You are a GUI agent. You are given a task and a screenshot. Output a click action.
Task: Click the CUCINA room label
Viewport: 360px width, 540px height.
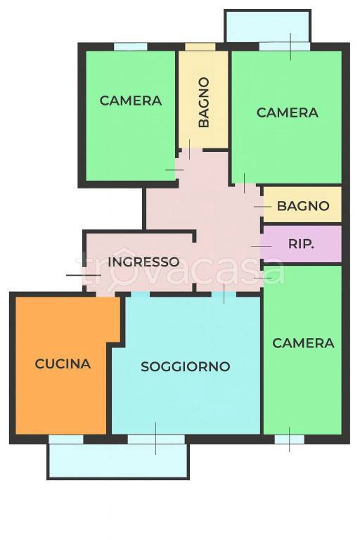click(63, 364)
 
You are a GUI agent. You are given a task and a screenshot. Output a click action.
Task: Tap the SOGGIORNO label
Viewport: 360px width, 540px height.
click(186, 366)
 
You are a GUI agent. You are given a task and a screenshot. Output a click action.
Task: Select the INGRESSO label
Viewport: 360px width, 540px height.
click(143, 262)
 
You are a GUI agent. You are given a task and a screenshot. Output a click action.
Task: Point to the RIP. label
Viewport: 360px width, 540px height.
click(301, 245)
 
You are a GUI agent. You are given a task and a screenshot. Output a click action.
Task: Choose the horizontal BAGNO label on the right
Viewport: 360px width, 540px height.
click(302, 206)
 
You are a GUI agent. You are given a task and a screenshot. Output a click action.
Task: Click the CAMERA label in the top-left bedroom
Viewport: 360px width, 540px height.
click(130, 101)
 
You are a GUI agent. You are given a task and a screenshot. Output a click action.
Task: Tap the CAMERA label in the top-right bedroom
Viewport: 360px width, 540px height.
click(287, 112)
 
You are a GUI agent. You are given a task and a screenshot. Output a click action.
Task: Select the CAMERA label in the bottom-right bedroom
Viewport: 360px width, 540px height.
click(303, 343)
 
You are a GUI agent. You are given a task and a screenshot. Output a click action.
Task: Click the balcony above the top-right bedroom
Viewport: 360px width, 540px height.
click(267, 26)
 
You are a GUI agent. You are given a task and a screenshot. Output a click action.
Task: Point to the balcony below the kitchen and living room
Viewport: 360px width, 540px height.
click(118, 461)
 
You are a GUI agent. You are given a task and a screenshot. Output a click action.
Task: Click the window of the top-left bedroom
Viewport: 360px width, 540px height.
click(130, 47)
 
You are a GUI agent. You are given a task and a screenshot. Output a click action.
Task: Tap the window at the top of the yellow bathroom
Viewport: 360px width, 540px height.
click(200, 47)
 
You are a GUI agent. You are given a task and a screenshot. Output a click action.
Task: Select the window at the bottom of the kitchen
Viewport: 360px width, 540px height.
click(65, 439)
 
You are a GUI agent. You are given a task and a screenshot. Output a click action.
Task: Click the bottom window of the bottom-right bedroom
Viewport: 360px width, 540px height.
click(289, 439)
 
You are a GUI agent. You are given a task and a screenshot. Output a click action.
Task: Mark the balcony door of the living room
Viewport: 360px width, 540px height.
click(156, 439)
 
